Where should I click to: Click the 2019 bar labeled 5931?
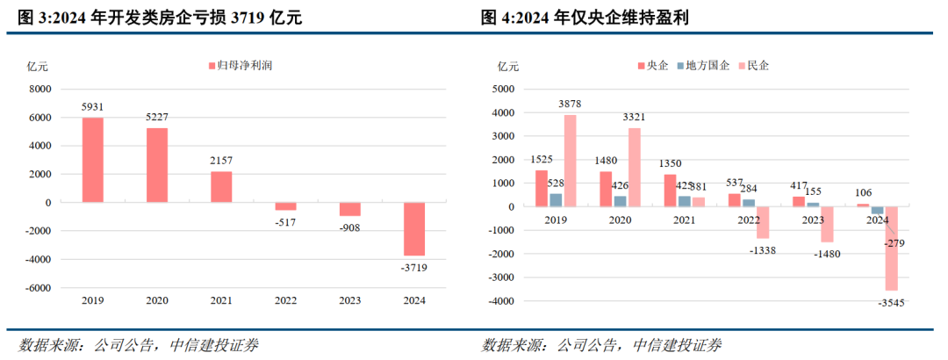[x=93, y=160]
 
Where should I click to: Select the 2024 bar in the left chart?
[x=413, y=228]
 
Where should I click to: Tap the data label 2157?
[x=221, y=162]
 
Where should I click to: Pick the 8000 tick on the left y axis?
[x=40, y=90]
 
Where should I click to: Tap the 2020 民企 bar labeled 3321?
[x=634, y=167]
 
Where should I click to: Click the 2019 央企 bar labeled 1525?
[x=542, y=188]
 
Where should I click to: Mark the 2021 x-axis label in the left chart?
[x=221, y=300]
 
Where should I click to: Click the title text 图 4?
[x=496, y=17]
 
